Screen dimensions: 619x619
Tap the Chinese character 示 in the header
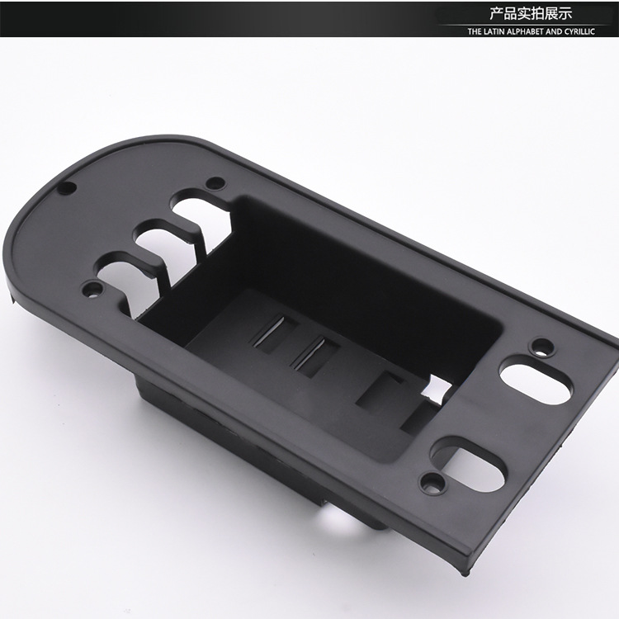click(x=565, y=13)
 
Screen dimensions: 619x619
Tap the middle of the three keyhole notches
click(x=157, y=241)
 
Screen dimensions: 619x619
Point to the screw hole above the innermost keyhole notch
click(x=215, y=183)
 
